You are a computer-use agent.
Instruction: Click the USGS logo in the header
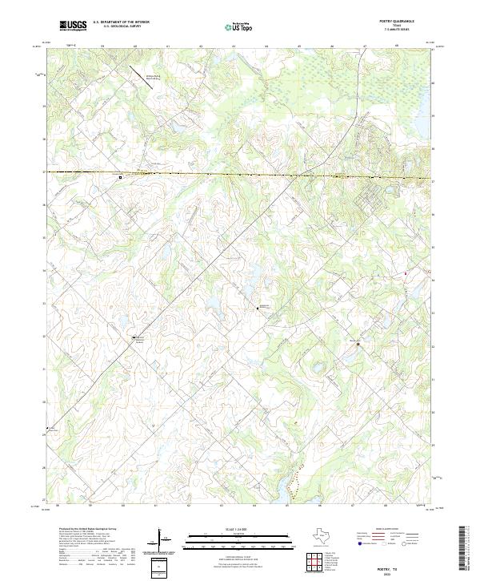click(74, 26)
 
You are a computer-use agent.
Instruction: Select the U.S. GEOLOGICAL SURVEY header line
click(118, 26)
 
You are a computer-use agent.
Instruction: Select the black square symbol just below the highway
click(121, 177)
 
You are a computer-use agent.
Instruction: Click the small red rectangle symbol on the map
click(406, 274)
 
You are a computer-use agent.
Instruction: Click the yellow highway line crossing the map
click(240, 174)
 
